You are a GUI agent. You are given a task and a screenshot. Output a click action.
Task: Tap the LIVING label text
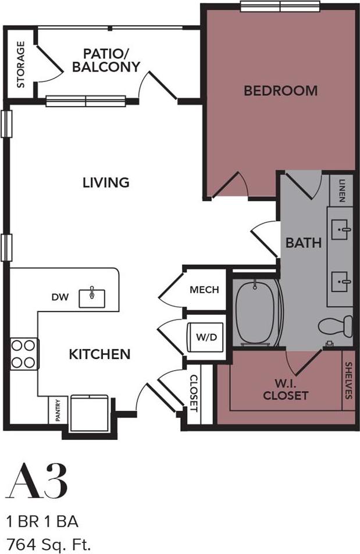click(x=105, y=182)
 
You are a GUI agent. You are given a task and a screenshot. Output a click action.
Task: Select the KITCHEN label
click(x=99, y=354)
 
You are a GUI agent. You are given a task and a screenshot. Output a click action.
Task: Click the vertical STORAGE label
click(x=21, y=64)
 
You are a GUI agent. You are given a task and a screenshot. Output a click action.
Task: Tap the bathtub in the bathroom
click(x=256, y=314)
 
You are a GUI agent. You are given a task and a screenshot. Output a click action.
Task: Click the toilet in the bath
click(x=337, y=326)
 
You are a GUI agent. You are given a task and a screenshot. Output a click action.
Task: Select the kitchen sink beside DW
click(x=92, y=296)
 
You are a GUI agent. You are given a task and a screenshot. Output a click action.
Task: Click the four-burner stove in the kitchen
click(x=24, y=354)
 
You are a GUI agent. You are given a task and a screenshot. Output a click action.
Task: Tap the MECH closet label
click(x=204, y=289)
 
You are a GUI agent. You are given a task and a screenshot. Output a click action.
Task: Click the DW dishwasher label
click(x=60, y=297)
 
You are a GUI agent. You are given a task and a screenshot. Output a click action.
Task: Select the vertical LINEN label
click(x=341, y=190)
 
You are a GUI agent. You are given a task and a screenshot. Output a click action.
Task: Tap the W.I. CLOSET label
click(x=284, y=390)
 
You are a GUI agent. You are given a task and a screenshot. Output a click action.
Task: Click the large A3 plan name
click(x=37, y=481)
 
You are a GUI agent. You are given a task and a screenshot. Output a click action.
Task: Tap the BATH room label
click(x=304, y=242)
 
